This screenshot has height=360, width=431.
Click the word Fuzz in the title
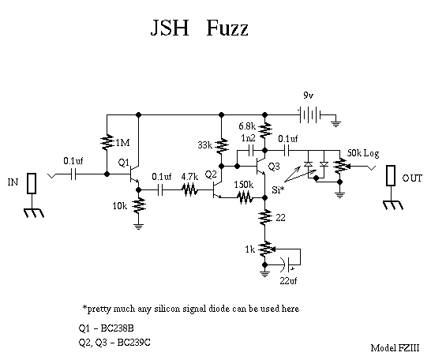pos(227,28)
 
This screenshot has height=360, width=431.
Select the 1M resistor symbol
pos(107,142)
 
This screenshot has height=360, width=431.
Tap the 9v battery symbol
pos(309,114)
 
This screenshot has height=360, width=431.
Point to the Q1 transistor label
pos(123,163)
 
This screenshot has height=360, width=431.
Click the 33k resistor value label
pos(204,144)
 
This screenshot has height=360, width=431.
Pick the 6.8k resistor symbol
pos(265,130)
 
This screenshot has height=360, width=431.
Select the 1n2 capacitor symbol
pos(251,151)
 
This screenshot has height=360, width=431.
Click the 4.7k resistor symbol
pos(189,189)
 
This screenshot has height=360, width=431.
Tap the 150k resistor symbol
pos(244,197)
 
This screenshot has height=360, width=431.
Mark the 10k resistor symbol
pos(139,205)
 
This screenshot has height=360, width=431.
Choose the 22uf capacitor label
pos(288,280)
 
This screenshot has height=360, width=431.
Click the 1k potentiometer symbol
pos(265,249)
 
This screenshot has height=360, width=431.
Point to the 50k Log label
pos(363,153)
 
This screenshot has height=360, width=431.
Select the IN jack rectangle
pos(32,183)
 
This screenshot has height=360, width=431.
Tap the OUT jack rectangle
pos(391,175)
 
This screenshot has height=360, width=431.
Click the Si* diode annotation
pos(278,189)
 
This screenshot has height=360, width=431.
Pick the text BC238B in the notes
pos(118,328)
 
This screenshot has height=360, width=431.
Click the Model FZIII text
pos(395,348)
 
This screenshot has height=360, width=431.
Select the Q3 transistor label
pos(274,167)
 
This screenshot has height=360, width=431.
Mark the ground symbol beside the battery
pos(335,123)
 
